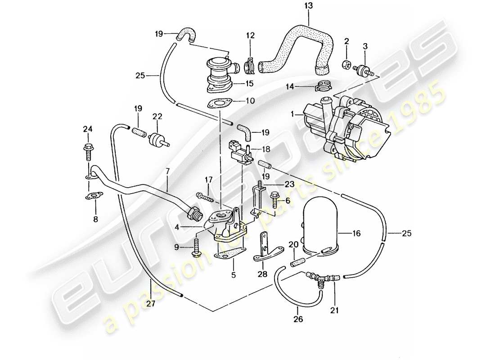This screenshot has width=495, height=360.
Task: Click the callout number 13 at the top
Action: (x=309, y=7)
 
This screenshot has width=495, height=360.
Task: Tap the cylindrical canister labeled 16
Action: (x=324, y=228)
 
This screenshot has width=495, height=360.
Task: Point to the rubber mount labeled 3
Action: (x=364, y=70)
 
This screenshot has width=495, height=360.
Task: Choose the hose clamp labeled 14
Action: (x=323, y=84)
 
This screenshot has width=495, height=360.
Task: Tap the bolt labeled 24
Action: (x=87, y=151)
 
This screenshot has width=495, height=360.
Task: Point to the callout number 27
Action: (x=150, y=304)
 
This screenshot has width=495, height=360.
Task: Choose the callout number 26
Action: (x=297, y=319)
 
